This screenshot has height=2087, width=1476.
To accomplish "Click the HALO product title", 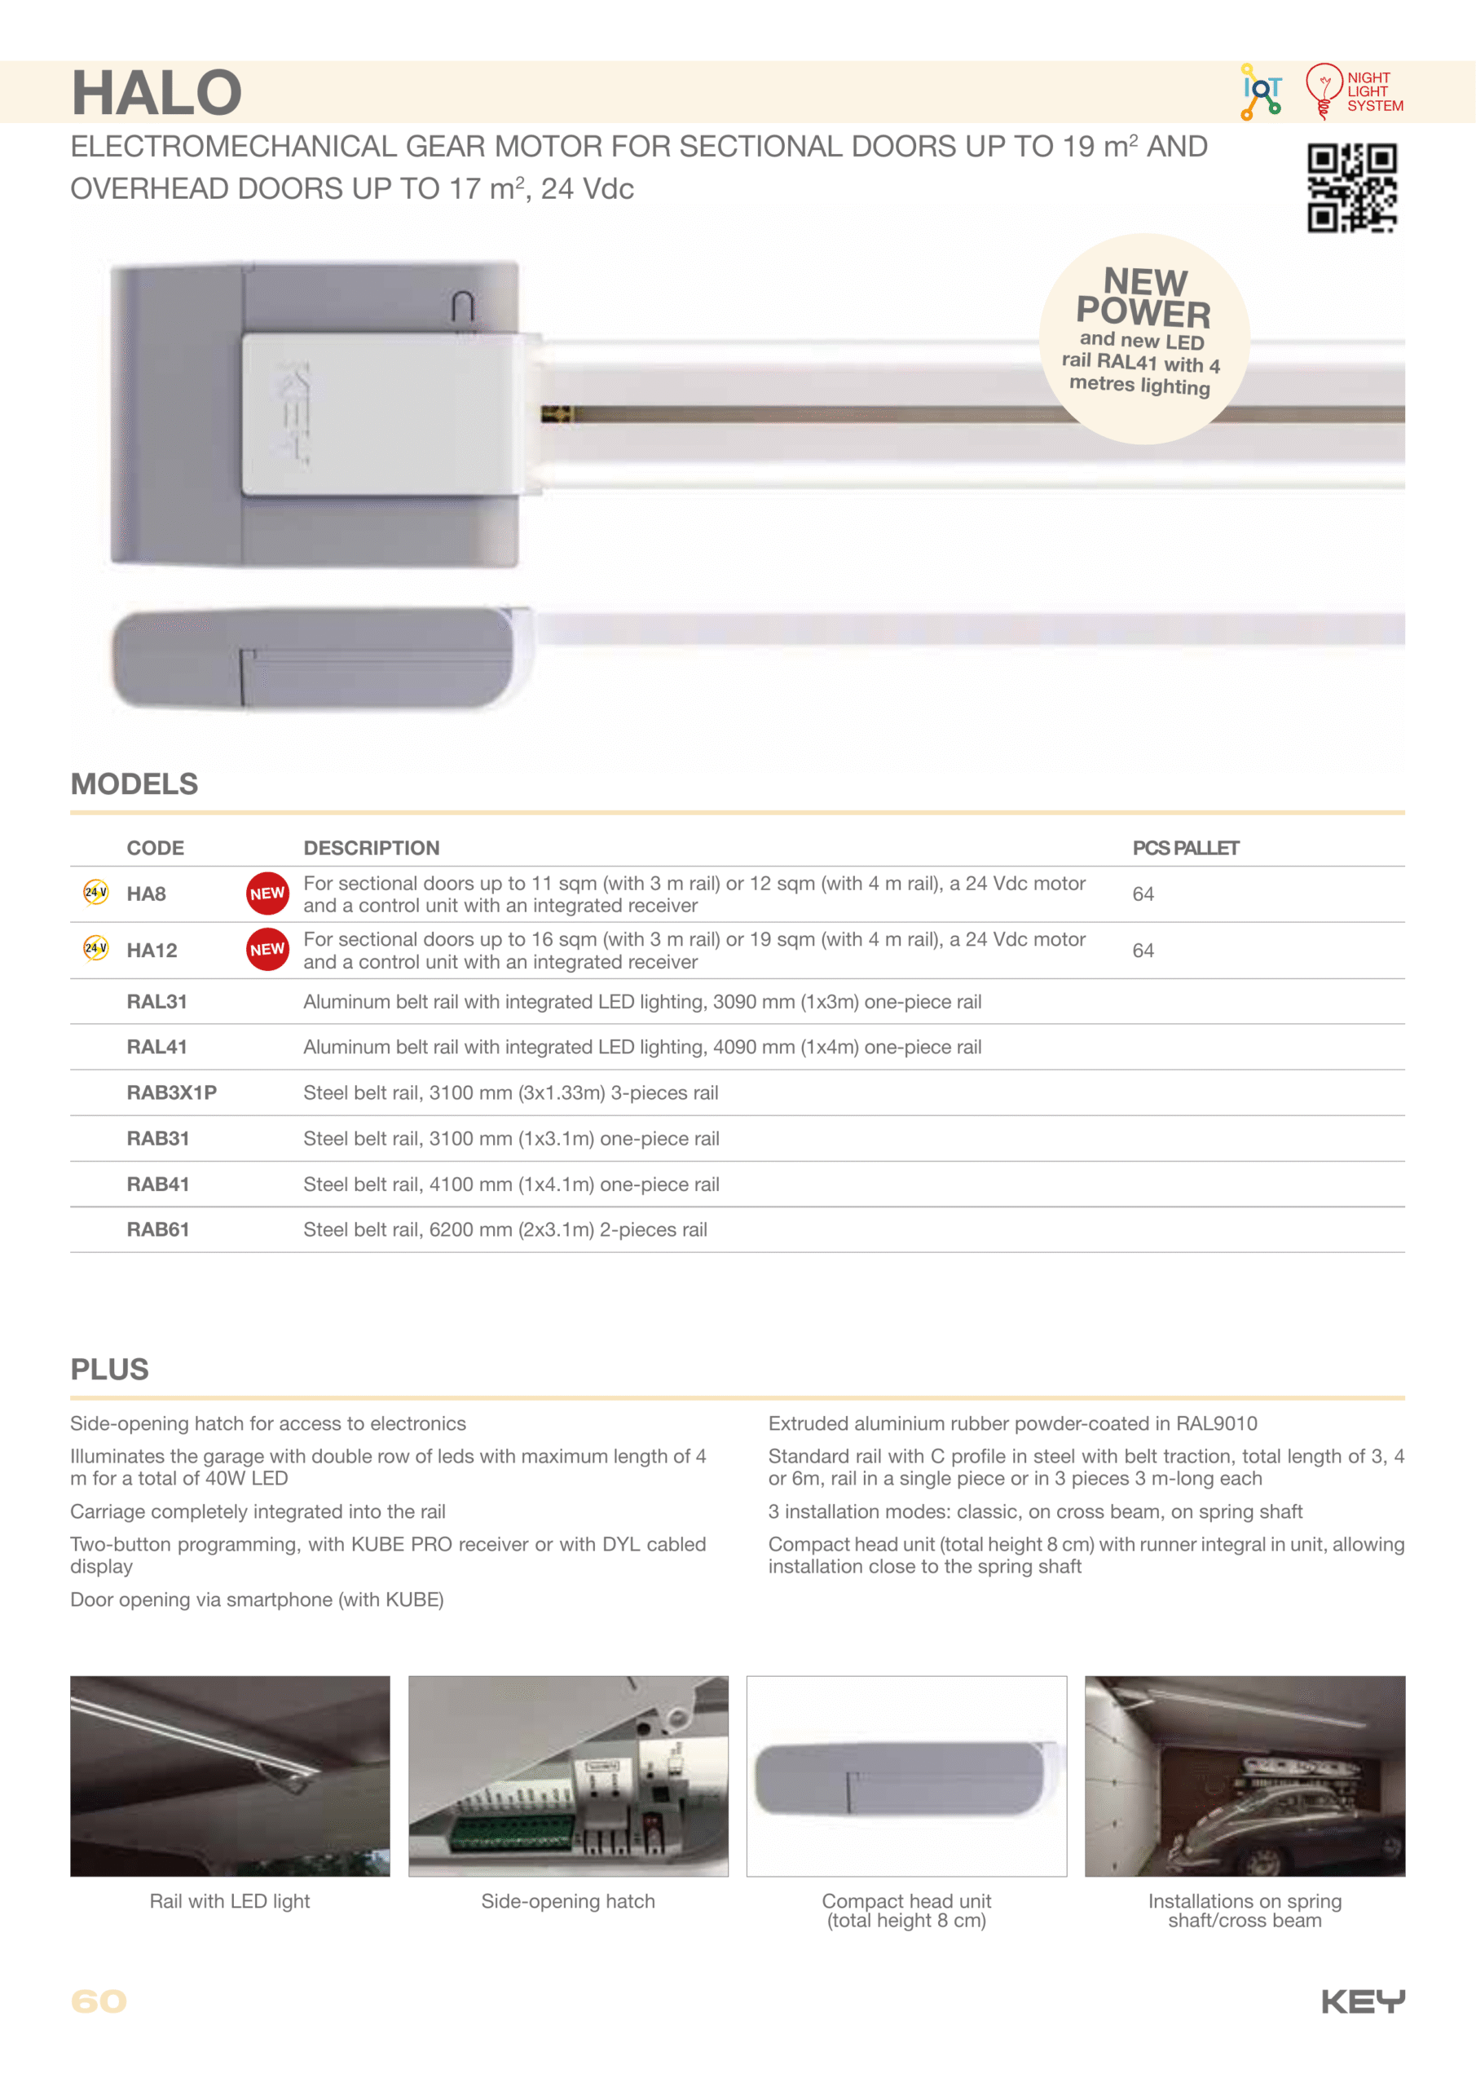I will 156,93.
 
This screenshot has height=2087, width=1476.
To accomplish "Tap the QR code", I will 1351,188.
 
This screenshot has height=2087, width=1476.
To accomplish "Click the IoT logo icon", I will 1262,90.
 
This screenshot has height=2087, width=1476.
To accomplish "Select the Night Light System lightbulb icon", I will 1324,90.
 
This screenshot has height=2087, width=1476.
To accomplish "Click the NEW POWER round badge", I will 1143,338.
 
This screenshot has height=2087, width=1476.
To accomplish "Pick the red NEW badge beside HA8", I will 267,893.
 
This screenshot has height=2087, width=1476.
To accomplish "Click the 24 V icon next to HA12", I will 95,948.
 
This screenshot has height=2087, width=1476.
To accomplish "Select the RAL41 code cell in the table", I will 156,1047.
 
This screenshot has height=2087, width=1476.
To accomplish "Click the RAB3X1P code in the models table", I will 171,1092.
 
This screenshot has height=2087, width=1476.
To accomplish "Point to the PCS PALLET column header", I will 1185,848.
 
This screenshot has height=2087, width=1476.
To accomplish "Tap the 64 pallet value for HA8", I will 1143,894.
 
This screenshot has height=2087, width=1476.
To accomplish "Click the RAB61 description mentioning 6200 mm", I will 504,1230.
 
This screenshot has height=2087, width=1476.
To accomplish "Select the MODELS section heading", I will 134,783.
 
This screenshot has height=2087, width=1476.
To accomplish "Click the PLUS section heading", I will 109,1369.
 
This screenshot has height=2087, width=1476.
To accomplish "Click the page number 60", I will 98,2001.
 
